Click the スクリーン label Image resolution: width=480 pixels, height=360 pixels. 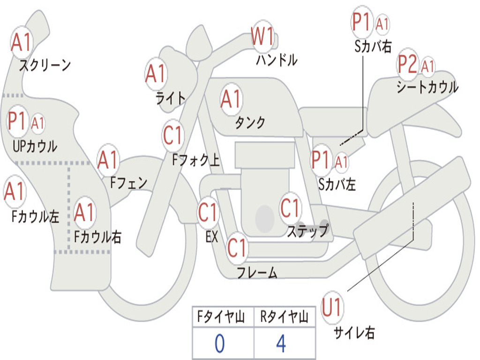point(45,65)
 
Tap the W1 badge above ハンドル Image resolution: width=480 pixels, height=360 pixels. point(262,37)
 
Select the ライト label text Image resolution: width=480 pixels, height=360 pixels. point(171,97)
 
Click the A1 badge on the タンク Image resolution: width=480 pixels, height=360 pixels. point(231,99)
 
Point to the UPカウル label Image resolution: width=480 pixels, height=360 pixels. point(35,146)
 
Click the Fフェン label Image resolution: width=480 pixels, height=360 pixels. point(128,182)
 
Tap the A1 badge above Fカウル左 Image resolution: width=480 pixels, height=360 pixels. point(15,191)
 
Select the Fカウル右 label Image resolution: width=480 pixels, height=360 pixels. point(98,237)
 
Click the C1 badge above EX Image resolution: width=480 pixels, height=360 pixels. point(208,213)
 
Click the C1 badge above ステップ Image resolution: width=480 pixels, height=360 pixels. point(290,208)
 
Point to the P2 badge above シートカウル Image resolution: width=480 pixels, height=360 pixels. point(407,65)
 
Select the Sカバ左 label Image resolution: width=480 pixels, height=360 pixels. point(337,184)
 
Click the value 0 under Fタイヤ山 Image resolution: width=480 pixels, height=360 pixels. point(219,344)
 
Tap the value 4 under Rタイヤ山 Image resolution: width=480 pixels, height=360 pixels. point(281,344)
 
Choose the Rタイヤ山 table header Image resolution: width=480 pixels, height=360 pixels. point(284,318)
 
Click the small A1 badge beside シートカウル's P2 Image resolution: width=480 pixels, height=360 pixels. point(427,66)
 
